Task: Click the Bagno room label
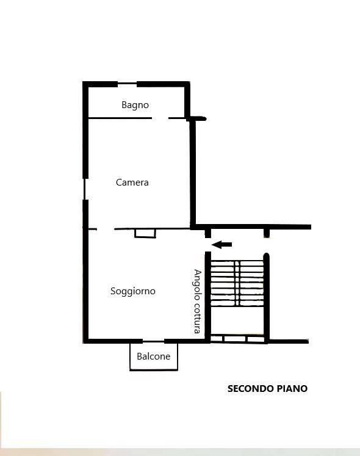(x=135, y=105)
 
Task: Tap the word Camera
(x=132, y=183)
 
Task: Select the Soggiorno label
(x=133, y=291)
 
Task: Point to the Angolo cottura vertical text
(x=198, y=302)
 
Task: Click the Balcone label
(x=154, y=356)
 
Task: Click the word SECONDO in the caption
(x=250, y=388)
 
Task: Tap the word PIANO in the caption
(x=292, y=388)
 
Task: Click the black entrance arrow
(x=221, y=245)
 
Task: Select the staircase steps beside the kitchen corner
(x=237, y=283)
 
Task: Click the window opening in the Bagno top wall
(x=127, y=84)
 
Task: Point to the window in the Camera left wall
(x=85, y=189)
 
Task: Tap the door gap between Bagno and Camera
(x=160, y=118)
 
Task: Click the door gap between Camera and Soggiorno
(x=106, y=229)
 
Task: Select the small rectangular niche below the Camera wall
(x=145, y=234)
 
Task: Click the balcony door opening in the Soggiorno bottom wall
(x=154, y=341)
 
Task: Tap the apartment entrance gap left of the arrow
(x=207, y=245)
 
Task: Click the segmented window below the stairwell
(x=237, y=339)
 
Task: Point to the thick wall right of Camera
(x=192, y=173)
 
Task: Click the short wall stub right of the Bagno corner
(x=198, y=118)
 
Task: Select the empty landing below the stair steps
(x=237, y=320)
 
